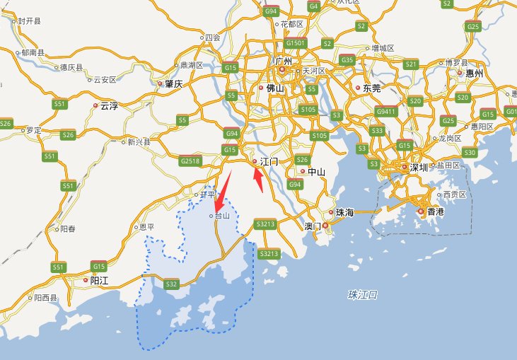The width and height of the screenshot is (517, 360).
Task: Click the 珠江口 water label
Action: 364,294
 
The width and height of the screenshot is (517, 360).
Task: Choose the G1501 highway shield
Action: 296,43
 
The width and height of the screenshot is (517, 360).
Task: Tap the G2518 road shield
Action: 190,161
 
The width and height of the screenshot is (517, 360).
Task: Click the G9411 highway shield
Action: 386,111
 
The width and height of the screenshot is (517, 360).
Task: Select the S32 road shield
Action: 171,284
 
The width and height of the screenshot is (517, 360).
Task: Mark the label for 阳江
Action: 99,280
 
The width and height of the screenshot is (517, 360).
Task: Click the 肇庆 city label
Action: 174,83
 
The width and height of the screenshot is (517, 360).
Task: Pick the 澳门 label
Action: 312,226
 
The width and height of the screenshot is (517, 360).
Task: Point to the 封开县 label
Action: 29,22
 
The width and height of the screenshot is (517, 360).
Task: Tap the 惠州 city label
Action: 473,73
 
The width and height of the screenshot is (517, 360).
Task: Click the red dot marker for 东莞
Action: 358,88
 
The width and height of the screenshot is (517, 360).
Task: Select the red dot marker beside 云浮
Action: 95,106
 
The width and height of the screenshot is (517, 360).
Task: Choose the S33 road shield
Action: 377,131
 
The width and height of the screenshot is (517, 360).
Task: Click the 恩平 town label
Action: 147,227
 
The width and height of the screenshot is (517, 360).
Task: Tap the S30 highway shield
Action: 470,153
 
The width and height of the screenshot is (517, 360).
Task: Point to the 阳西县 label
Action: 46,298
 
